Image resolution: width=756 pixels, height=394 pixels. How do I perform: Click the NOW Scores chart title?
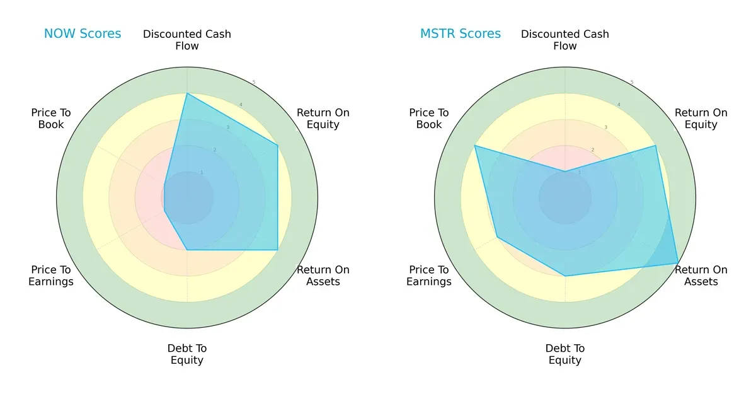[83, 34]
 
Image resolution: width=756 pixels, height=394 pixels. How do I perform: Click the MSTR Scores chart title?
[461, 34]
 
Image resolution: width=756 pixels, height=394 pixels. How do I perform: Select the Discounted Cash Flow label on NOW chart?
[187, 40]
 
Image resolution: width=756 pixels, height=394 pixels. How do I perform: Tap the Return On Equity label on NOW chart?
[323, 119]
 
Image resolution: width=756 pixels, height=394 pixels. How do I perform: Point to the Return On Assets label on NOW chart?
[323, 275]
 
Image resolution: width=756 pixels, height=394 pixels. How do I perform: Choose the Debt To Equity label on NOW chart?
[187, 354]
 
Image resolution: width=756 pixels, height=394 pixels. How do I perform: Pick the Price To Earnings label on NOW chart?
[51, 275]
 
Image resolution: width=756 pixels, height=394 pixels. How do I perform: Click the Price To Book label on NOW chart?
[51, 119]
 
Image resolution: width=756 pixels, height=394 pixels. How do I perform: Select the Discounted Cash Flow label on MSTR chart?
[565, 40]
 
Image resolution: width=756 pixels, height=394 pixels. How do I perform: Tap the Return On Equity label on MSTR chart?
[701, 119]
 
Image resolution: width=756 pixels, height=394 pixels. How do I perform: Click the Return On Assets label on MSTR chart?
[701, 275]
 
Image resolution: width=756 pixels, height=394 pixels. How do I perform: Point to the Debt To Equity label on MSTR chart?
[565, 354]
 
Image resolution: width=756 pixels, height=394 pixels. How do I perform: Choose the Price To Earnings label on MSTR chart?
[429, 275]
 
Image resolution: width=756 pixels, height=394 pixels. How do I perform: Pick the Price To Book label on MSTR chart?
[429, 119]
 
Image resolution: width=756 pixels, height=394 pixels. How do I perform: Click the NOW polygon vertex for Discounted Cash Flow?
[187, 94]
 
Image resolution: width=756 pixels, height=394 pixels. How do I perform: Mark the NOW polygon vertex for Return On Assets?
[278, 250]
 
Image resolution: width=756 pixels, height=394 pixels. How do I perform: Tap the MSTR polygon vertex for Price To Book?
[475, 146]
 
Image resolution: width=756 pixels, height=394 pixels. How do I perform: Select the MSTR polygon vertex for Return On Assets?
[678, 263]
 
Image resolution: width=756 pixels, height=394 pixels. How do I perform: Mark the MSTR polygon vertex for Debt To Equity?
[565, 276]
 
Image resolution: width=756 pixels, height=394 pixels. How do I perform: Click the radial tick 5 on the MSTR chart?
[632, 82]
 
